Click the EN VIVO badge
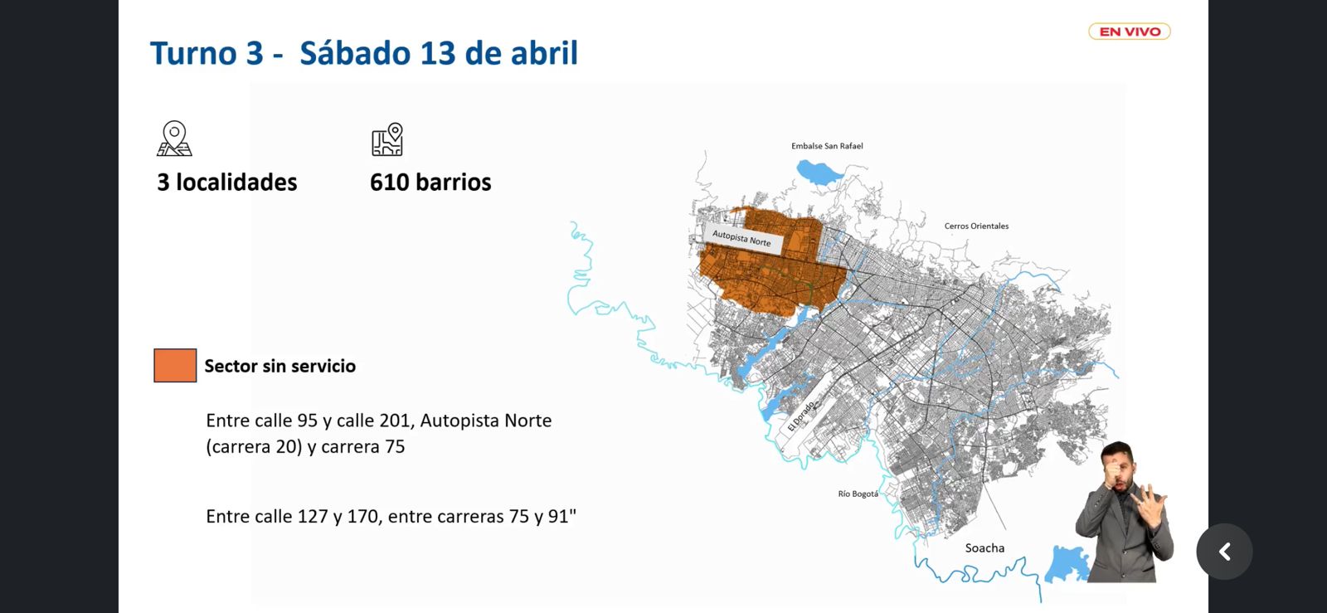1129,32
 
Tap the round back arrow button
1224,552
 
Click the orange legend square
175,366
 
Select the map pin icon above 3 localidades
174,139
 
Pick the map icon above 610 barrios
387,139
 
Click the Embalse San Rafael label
827,146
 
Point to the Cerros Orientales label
976,226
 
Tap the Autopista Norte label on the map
741,238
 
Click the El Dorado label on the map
801,416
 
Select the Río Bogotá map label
858,494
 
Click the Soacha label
984,548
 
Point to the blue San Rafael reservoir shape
818,172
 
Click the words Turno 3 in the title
207,53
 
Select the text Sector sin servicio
279,366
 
